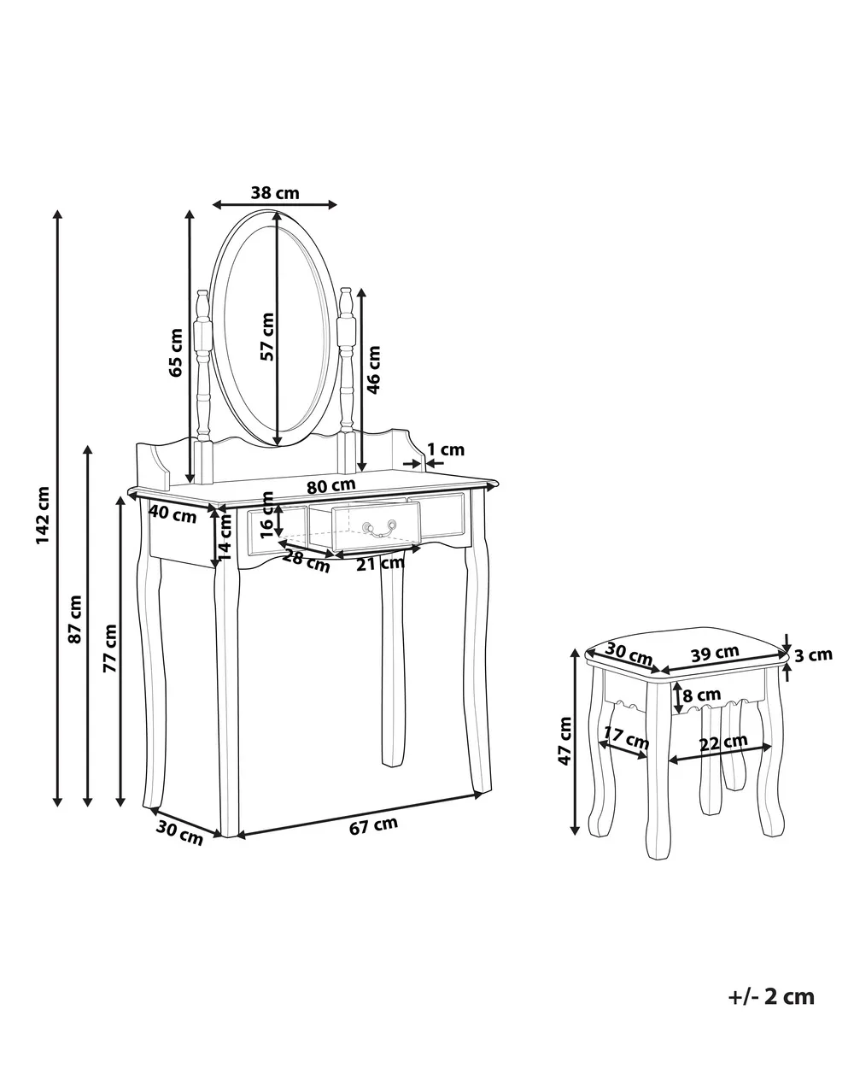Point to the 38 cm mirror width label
tap(275, 193)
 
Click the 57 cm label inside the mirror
tap(267, 337)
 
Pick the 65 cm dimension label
tap(176, 352)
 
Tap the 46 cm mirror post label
tap(373, 369)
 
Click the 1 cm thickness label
tap(446, 449)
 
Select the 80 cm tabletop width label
tap(330, 484)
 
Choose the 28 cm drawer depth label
tap(306, 560)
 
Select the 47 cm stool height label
tap(564, 740)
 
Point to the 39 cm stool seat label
tap(715, 653)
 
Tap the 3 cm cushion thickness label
tap(813, 655)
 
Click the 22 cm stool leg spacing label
tap(724, 743)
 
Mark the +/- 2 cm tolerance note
tap(771, 996)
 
